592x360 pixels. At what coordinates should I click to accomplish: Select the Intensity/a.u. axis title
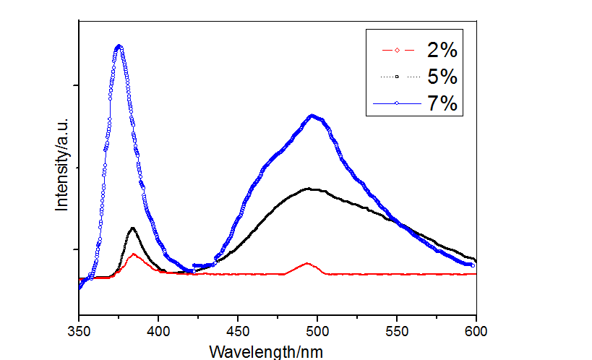[x=62, y=164]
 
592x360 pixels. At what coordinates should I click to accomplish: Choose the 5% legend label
[x=442, y=77]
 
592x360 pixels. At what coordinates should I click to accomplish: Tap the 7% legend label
[x=442, y=103]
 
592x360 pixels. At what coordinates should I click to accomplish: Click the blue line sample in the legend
[x=396, y=104]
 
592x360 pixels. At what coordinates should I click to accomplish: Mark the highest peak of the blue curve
[x=119, y=47]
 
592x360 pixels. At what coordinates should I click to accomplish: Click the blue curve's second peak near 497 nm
[x=312, y=116]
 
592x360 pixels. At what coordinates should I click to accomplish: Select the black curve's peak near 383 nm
[x=132, y=228]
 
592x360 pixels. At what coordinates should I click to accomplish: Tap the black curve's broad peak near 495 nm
[x=309, y=189]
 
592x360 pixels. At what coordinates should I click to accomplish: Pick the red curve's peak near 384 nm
[x=133, y=254]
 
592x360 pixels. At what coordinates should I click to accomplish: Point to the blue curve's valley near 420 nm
[x=189, y=271]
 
